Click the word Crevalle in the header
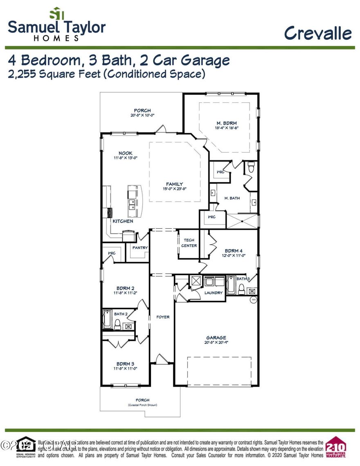(318, 33)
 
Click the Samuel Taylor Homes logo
(56, 25)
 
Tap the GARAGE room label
(216, 338)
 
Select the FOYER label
(163, 317)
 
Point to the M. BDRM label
(226, 123)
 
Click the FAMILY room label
(174, 184)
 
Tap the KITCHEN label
(123, 221)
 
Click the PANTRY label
(140, 248)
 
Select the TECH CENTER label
(189, 243)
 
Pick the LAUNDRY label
(214, 293)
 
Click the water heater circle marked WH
(253, 299)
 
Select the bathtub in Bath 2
(107, 320)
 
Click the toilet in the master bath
(251, 167)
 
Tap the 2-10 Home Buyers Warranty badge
(335, 448)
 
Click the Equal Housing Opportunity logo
(26, 447)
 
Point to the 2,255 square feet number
(22, 74)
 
